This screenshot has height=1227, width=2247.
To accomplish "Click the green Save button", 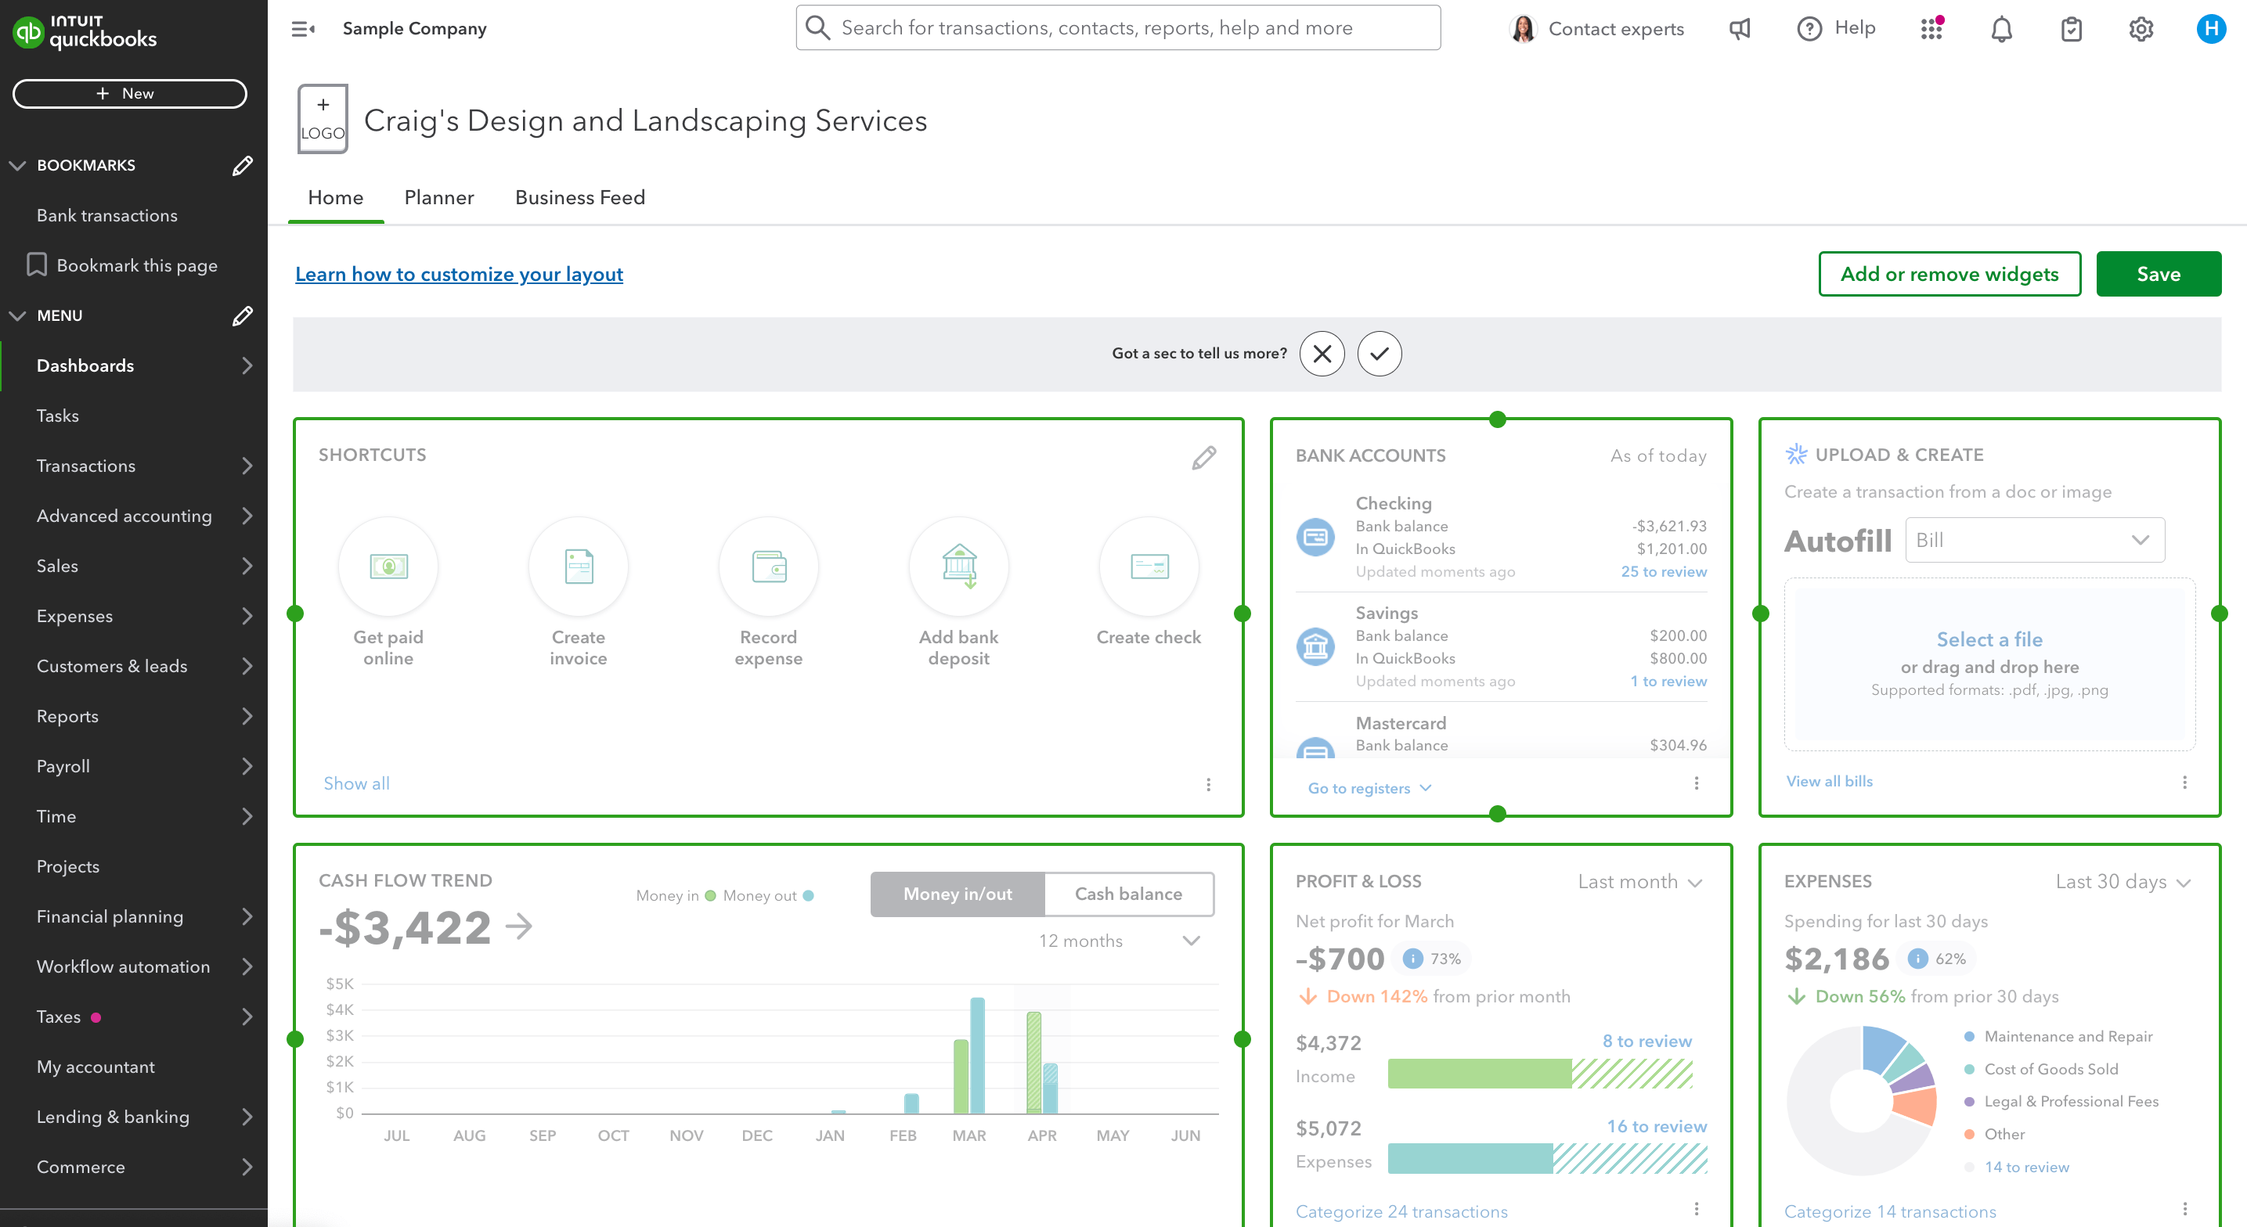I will coord(2157,274).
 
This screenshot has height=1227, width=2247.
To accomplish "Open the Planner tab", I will coord(438,198).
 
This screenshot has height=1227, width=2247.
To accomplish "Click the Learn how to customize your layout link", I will coord(459,274).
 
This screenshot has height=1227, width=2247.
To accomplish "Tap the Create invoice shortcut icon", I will coord(579,567).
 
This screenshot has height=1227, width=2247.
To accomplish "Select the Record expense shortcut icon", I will coord(769,567).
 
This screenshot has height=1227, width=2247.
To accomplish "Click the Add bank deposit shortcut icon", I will coord(958,567).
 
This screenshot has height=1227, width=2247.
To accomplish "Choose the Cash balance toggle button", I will coord(1128,894).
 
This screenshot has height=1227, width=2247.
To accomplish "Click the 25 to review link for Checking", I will coord(1664,572).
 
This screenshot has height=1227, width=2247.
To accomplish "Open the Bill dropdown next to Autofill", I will coord(2034,540).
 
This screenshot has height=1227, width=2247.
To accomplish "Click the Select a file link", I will coord(1989,639).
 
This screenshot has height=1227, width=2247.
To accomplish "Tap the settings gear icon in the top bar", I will coord(2141,29).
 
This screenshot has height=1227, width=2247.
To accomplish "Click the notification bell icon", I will coord(2001,29).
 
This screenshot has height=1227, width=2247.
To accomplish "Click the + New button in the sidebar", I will coord(129,93).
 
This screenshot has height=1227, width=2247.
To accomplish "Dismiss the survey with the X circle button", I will coord(1322,353).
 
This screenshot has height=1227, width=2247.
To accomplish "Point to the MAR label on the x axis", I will coord(969,1135).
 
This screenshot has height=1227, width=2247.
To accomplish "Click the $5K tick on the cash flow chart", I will coord(339,984).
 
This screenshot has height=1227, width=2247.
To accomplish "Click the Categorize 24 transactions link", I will coord(1401,1211).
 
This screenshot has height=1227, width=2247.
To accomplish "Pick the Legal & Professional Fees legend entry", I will coord(2071,1102).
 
